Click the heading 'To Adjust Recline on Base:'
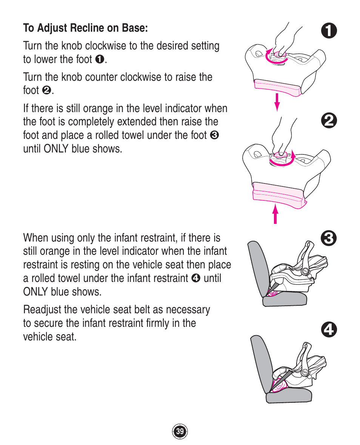click(85, 28)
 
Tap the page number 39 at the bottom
click(180, 431)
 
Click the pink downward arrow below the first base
click(277, 102)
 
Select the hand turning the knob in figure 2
click(281, 136)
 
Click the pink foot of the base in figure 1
click(277, 86)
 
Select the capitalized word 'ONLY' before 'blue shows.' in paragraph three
click(57, 149)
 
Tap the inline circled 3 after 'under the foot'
click(215, 135)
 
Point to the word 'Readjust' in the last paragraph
click(41, 310)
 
